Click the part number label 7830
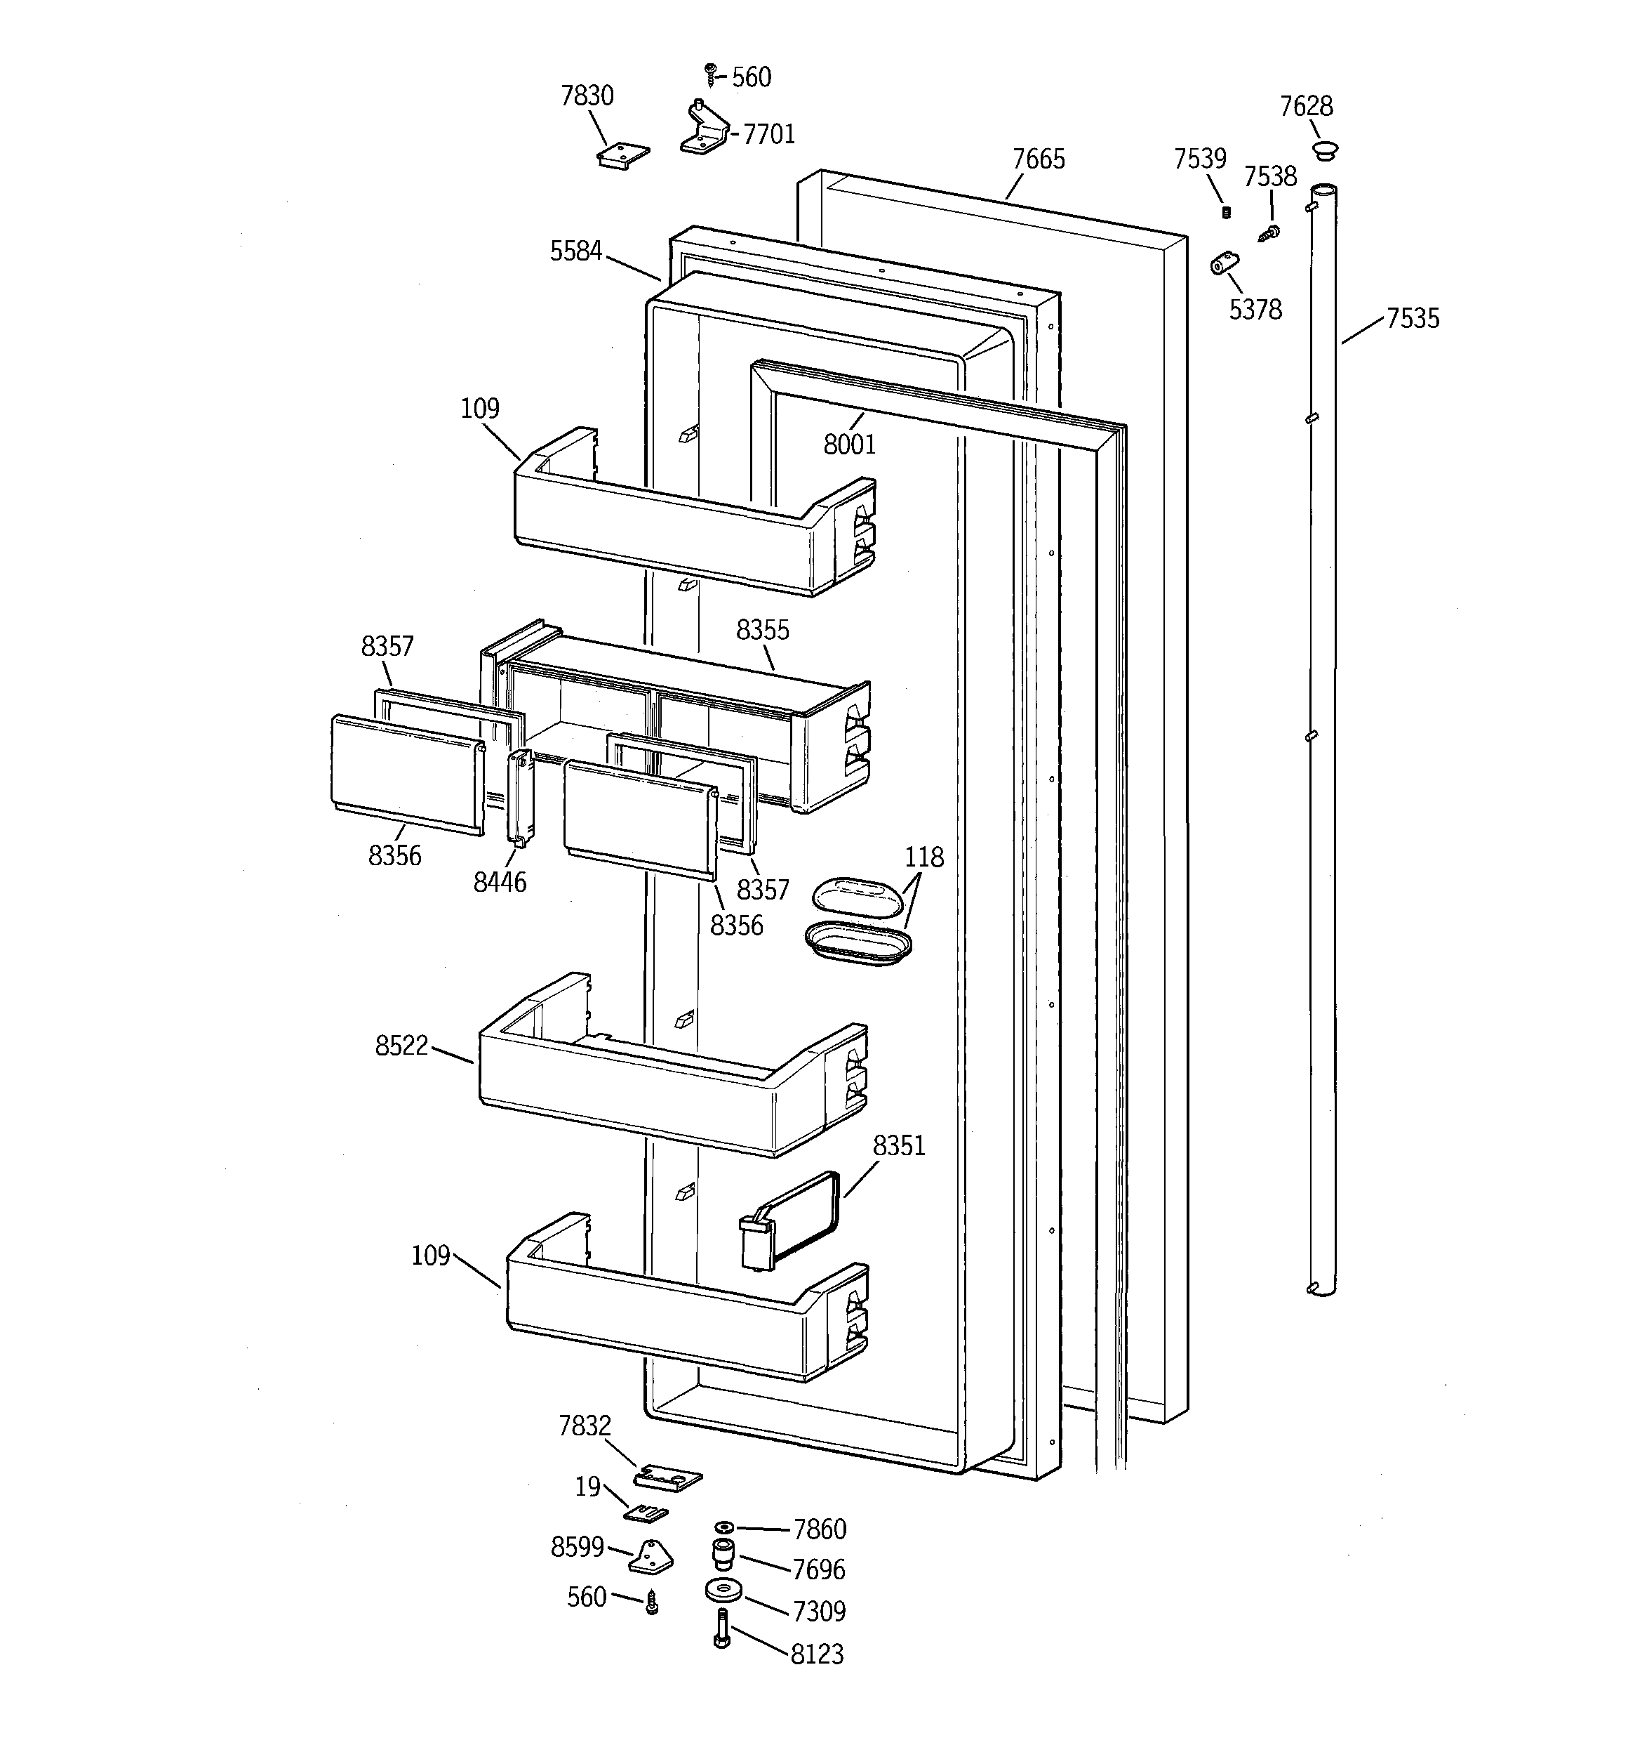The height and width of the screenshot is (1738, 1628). pos(587,96)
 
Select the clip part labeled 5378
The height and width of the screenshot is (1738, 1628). pos(1225,262)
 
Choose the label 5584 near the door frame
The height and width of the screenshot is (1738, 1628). pos(576,252)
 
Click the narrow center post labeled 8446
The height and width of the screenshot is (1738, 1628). pos(521,797)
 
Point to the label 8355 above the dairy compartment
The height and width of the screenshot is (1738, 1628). pos(762,629)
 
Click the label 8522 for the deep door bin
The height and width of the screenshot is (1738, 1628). pos(401,1046)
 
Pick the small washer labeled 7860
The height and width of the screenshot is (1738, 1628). pos(723,1527)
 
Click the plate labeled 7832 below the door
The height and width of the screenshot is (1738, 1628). pos(667,1477)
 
